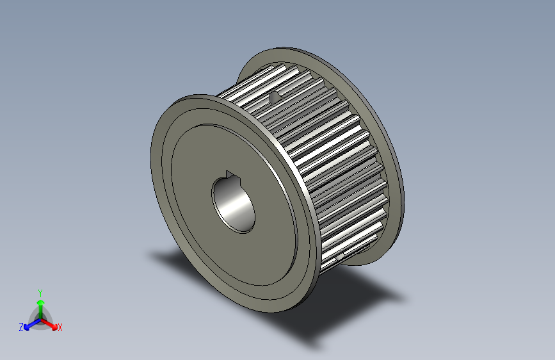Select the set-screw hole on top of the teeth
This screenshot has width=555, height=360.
point(275,97)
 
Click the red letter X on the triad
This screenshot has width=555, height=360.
point(60,328)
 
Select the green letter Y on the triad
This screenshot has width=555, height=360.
point(40,291)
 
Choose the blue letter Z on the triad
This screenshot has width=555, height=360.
point(21,327)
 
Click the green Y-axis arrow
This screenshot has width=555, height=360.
point(40,304)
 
